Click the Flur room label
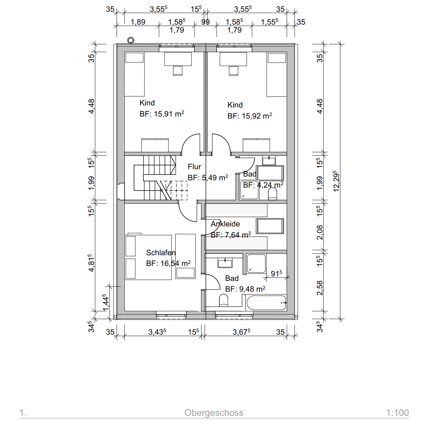coord(194,166)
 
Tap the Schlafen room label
coord(161,253)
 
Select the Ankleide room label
coord(225,224)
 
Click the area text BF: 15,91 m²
coord(162,114)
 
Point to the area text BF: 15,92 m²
coord(250,116)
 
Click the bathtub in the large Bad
coord(266,303)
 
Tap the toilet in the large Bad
coord(224,300)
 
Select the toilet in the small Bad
coord(272,194)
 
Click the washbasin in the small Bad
coord(269,160)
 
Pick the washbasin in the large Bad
coord(225,263)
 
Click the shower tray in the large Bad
coord(256,264)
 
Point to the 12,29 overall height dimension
coord(336,181)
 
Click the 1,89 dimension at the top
coord(138,22)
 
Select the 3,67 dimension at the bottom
coord(241,332)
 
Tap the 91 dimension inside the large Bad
coord(277,274)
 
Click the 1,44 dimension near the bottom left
coord(105,302)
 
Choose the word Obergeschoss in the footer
coord(214,413)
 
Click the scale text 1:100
coord(398,412)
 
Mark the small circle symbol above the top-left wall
coord(131,40)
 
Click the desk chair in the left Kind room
coord(177,71)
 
